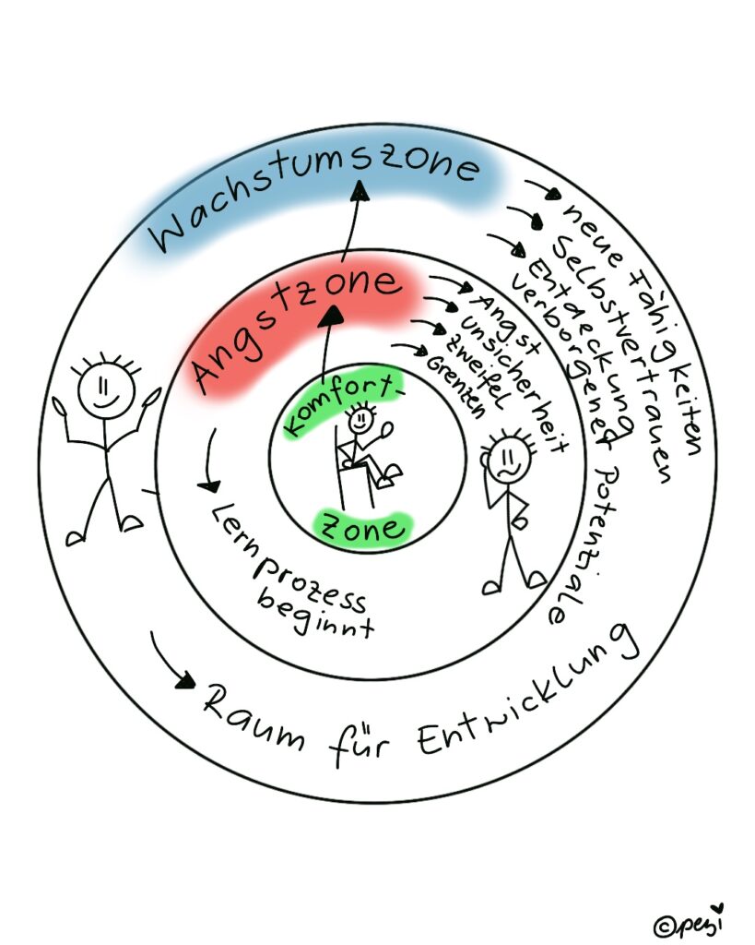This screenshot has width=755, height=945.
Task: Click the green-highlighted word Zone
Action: pyautogui.click(x=363, y=527)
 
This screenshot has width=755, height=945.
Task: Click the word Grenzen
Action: pyautogui.click(x=455, y=387)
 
